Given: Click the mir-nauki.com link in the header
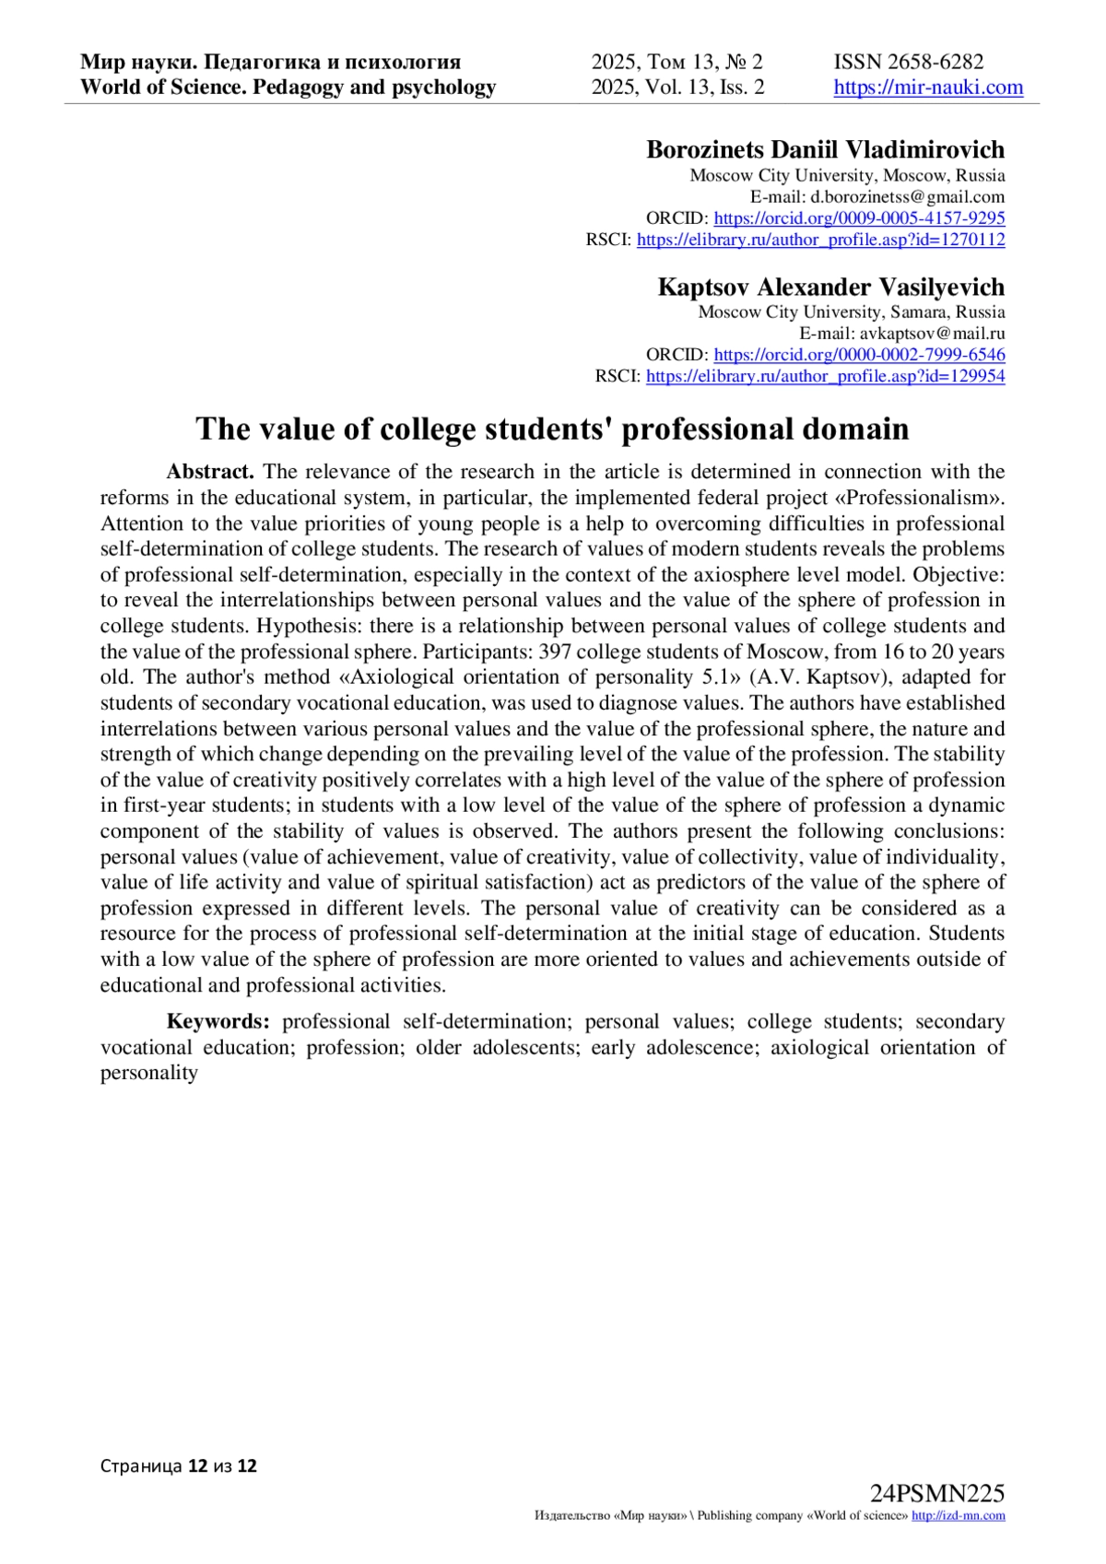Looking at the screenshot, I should pos(928,88).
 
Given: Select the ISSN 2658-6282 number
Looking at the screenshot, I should pos(909,62).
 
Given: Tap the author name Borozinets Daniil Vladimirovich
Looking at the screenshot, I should pos(825,149).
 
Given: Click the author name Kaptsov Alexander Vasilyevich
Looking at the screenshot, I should pos(830,287).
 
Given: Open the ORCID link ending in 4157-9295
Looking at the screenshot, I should pos(859,218).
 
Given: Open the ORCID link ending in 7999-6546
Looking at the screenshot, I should pos(859,355).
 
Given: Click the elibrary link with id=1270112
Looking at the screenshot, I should pos(820,240).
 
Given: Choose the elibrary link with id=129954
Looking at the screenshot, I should pos(825,376).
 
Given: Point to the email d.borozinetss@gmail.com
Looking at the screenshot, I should pos(907,196).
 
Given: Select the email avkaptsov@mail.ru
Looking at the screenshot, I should pos(932,334).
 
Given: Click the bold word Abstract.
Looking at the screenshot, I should pos(209,472).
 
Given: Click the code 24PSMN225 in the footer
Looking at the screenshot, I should pos(936,1494).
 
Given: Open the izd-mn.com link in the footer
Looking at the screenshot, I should pos(958,1516).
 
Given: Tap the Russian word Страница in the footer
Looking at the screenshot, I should pos(141,1465).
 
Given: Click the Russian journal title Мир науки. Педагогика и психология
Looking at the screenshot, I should pos(270,62).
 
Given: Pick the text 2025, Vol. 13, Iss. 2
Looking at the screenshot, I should pos(677,88).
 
